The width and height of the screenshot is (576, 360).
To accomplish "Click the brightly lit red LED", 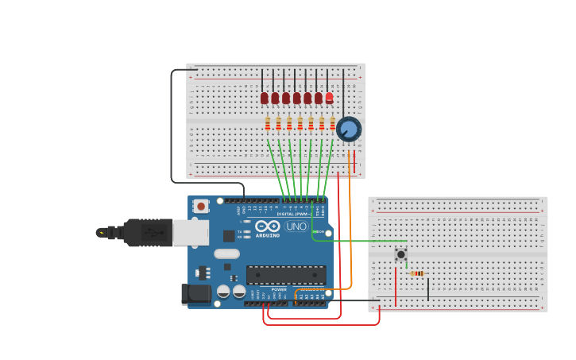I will [329, 97].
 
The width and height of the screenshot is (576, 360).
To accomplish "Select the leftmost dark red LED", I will [265, 98].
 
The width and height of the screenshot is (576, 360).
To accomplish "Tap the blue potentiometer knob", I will [348, 129].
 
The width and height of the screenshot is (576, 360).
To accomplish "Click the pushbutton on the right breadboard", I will [401, 254].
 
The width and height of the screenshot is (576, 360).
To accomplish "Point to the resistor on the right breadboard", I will [417, 273].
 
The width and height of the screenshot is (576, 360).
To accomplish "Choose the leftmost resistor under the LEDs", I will [268, 124].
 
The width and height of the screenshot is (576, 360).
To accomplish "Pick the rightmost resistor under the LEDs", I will [332, 124].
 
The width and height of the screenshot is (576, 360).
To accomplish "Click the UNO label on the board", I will [296, 226].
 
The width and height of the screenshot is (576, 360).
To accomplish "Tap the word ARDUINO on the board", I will [268, 235].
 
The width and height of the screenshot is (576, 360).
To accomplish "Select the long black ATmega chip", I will [285, 275].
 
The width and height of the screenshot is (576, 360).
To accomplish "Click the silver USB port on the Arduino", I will [191, 233].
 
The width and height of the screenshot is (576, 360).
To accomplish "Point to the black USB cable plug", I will [147, 233].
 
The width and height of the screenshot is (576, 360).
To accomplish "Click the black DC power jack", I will [195, 294].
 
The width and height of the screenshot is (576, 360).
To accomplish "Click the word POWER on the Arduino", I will [279, 289].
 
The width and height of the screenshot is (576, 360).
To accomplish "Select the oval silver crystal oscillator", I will [226, 254].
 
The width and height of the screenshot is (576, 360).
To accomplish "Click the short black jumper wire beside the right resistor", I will [428, 288].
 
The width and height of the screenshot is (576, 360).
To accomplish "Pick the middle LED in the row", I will [296, 98].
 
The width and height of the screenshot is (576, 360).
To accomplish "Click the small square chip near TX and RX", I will [229, 235].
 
